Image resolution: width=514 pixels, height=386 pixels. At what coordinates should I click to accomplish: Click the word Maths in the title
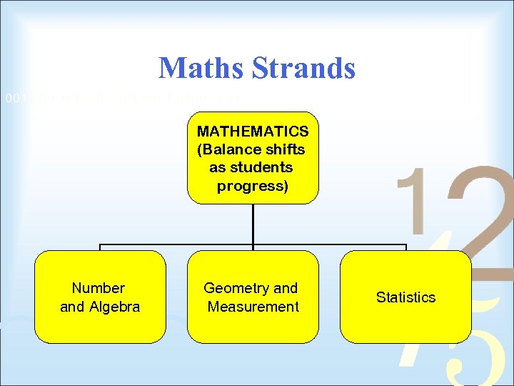(201, 68)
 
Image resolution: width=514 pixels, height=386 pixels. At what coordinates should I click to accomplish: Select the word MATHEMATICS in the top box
(253, 132)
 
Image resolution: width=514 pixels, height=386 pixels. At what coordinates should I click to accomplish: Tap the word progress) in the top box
(253, 186)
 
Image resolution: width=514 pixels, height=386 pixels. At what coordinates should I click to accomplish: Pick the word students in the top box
(265, 167)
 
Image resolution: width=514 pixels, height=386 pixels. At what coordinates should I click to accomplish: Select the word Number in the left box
(99, 288)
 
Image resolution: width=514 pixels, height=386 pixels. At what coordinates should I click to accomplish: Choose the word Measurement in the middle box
(253, 307)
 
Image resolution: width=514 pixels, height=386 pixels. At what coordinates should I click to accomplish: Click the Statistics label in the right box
(405, 297)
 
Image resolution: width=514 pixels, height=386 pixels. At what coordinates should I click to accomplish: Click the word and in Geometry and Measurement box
(286, 288)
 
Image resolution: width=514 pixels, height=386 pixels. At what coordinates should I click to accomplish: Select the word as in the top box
(217, 167)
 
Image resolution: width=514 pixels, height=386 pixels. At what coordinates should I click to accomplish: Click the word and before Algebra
(72, 307)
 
